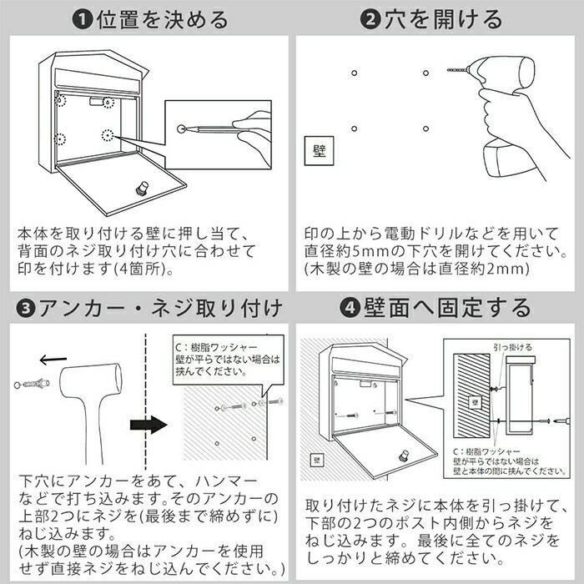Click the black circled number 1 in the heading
[x=82, y=20]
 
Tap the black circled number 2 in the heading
[x=370, y=19]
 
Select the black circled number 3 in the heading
[x=26, y=309]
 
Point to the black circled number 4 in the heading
[x=350, y=308]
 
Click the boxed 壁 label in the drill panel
[x=320, y=151]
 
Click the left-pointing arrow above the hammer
[x=53, y=360]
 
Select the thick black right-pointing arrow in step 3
[x=149, y=425]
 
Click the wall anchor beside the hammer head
[x=32, y=384]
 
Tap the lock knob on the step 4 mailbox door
[x=403, y=456]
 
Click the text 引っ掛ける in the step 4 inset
[x=513, y=348]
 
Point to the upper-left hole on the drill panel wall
[x=355, y=73]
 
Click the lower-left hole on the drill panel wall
[x=355, y=128]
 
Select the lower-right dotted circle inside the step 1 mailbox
[x=108, y=135]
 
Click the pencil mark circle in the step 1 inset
[x=181, y=129]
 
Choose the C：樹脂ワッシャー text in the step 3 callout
[x=216, y=348]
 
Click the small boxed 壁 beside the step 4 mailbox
[x=317, y=461]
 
